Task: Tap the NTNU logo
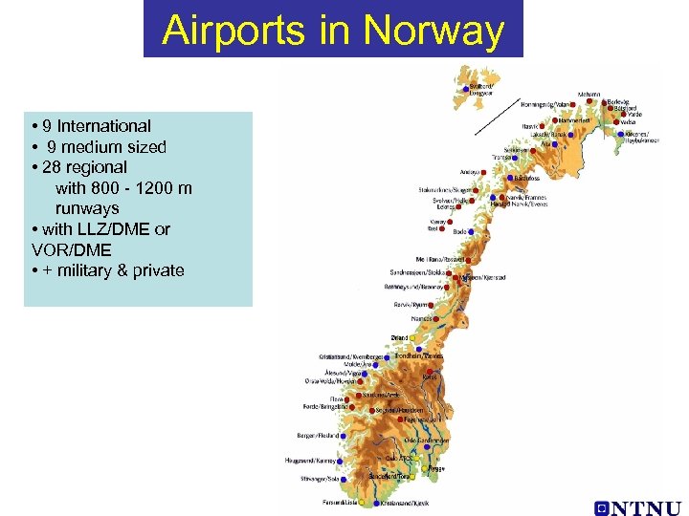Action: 637,507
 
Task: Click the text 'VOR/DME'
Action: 71,249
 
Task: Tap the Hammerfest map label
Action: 574,120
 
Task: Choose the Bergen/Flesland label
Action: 321,435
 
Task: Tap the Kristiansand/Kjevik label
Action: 405,503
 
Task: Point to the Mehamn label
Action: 589,95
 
